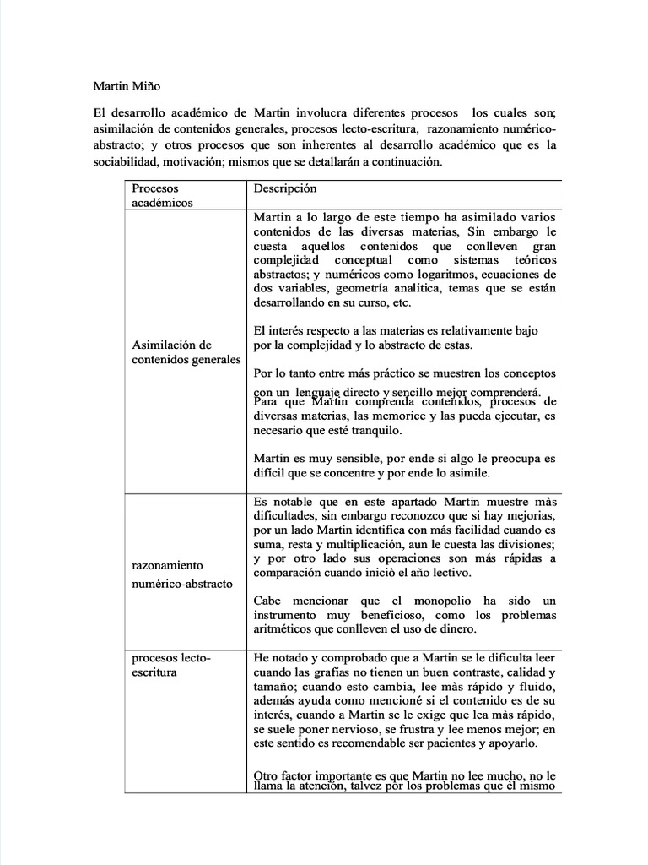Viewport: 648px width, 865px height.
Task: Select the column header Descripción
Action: point(285,188)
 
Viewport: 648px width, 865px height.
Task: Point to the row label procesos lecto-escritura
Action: point(172,664)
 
